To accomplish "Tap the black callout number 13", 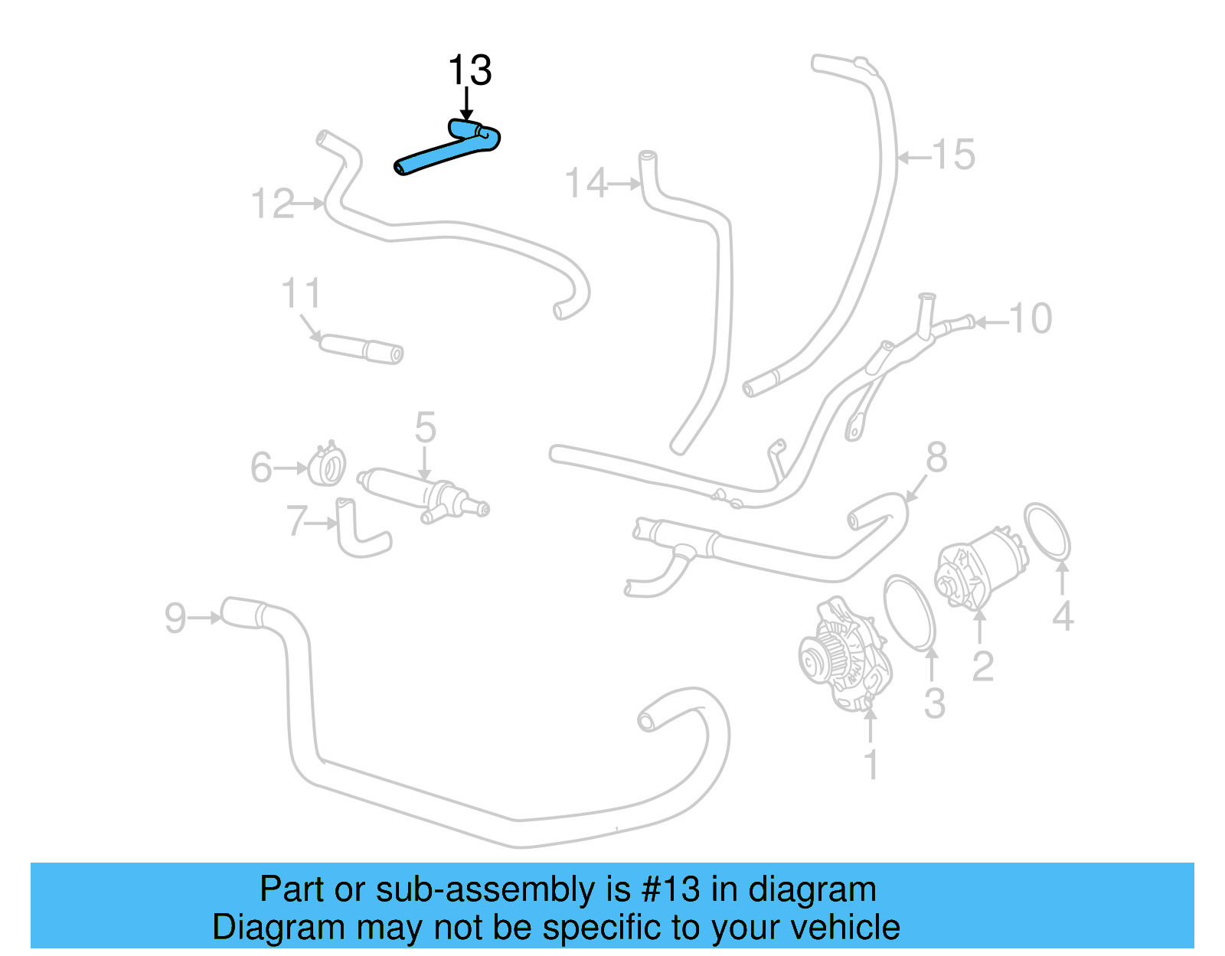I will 469,70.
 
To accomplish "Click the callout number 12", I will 272,204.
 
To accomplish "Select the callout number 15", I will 953,155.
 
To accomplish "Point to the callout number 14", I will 586,184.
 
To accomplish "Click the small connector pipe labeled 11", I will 360,347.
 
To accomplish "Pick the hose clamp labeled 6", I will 327,465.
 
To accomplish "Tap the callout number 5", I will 425,427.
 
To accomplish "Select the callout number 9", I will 175,618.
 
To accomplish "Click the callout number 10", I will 1031,318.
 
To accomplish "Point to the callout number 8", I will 936,458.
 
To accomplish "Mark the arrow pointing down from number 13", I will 466,104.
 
